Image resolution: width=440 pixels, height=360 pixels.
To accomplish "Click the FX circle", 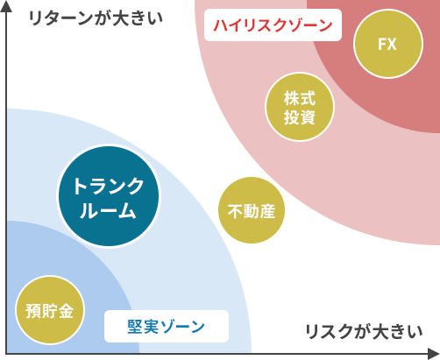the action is pyautogui.click(x=388, y=44).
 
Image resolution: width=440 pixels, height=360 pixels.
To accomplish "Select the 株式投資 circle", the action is pyautogui.click(x=300, y=107).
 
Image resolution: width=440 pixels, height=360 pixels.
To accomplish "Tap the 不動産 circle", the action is pyautogui.click(x=252, y=210).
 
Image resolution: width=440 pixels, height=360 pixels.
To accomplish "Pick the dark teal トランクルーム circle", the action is pyautogui.click(x=109, y=196).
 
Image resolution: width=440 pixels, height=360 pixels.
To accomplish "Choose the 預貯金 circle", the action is pyautogui.click(x=50, y=310).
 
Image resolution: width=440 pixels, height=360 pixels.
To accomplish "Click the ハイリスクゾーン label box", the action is pyautogui.click(x=273, y=25).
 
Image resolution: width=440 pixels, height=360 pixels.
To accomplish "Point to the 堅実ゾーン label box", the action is pyautogui.click(x=167, y=326).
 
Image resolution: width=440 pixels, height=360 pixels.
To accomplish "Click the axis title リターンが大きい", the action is pyautogui.click(x=96, y=18).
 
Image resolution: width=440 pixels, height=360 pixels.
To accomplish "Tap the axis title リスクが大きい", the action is pyautogui.click(x=364, y=331).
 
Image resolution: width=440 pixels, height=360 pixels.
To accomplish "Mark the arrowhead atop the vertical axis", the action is pyautogui.click(x=6, y=6).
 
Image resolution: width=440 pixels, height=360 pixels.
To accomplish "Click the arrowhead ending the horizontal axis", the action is pyautogui.click(x=434, y=354).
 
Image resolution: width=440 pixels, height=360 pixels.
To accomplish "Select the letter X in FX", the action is pyautogui.click(x=392, y=45).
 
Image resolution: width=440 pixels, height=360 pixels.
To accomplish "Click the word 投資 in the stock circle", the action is pyautogui.click(x=300, y=117).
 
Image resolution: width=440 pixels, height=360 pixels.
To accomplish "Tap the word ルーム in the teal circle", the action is pyautogui.click(x=108, y=210).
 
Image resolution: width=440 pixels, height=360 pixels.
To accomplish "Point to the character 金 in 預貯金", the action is pyautogui.click(x=66, y=311).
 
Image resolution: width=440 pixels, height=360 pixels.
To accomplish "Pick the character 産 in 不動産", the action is pyautogui.click(x=267, y=211).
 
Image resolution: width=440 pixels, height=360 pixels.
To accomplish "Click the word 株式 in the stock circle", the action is pyautogui.click(x=300, y=98).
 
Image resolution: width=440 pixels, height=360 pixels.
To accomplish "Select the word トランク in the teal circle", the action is pyautogui.click(x=109, y=186).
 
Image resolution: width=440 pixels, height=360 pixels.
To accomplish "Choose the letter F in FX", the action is pyautogui.click(x=382, y=45).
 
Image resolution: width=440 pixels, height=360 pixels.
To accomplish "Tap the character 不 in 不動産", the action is pyautogui.click(x=235, y=211).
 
